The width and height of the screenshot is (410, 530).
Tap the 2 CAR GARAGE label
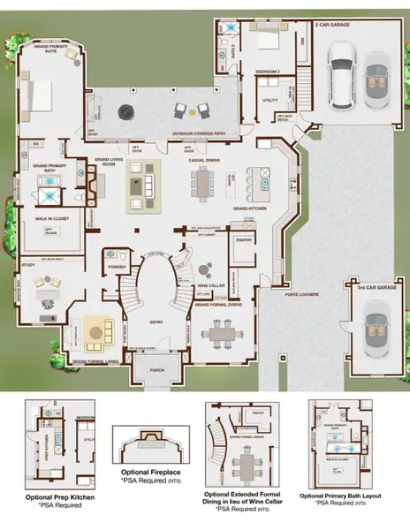[332, 26]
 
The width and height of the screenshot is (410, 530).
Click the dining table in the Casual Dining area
[205, 185]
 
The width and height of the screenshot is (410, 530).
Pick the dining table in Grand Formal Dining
[221, 337]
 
